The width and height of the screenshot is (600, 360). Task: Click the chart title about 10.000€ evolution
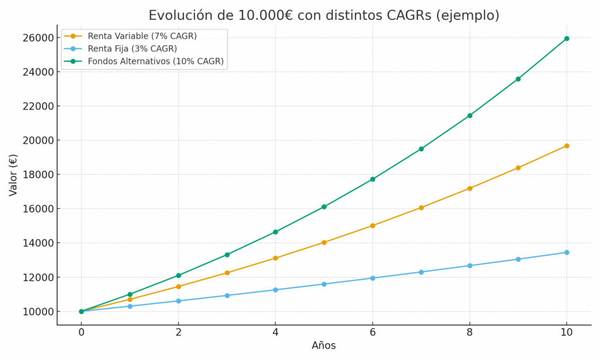(x=323, y=16)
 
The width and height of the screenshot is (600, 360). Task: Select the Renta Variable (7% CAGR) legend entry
(x=142, y=36)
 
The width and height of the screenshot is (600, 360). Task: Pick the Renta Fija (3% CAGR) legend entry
(x=132, y=49)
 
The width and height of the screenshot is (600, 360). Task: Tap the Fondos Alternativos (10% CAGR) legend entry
(x=155, y=61)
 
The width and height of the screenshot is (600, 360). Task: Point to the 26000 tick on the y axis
(x=37, y=38)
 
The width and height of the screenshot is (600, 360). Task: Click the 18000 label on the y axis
(x=37, y=175)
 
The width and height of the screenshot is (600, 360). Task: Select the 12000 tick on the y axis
(x=37, y=277)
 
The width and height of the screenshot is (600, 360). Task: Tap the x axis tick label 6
(x=373, y=332)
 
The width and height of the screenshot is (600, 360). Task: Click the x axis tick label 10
(x=566, y=332)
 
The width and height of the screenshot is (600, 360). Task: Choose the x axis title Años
(x=323, y=346)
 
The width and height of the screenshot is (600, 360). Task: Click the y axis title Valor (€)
(x=13, y=175)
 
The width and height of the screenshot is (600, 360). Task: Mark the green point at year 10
(x=567, y=39)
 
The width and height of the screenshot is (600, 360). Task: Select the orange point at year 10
(x=567, y=146)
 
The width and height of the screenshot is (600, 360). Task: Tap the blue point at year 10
(x=567, y=253)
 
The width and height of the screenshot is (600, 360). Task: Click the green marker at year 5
(x=324, y=207)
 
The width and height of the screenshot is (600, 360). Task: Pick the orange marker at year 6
(x=373, y=226)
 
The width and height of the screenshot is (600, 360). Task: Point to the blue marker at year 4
(x=275, y=290)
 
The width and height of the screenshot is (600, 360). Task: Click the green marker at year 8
(x=470, y=116)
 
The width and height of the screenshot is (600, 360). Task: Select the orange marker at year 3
(x=227, y=273)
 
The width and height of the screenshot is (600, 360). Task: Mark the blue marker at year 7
(x=421, y=272)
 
